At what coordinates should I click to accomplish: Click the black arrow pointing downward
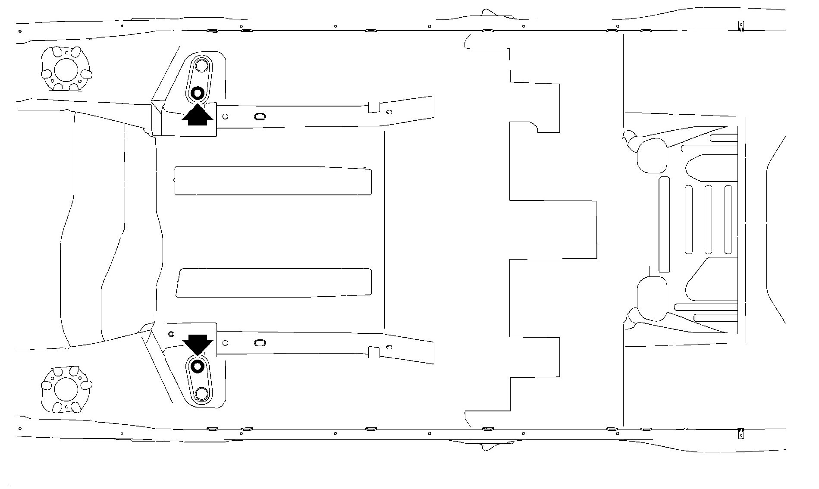(198, 345)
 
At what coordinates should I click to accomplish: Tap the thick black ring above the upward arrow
(198, 93)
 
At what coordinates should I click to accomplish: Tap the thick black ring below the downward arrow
(198, 367)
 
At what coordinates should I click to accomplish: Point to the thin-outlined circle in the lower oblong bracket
(201, 393)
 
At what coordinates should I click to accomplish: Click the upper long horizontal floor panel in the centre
(273, 180)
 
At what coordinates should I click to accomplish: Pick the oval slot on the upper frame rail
(260, 116)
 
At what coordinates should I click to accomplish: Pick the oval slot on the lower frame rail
(260, 343)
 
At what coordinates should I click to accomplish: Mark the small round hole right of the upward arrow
(225, 116)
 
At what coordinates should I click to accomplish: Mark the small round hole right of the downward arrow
(225, 343)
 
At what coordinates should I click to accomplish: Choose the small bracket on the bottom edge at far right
(741, 433)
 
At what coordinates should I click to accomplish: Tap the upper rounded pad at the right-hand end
(652, 156)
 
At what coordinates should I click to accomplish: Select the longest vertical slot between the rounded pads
(664, 224)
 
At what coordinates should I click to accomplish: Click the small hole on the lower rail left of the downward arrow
(171, 334)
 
